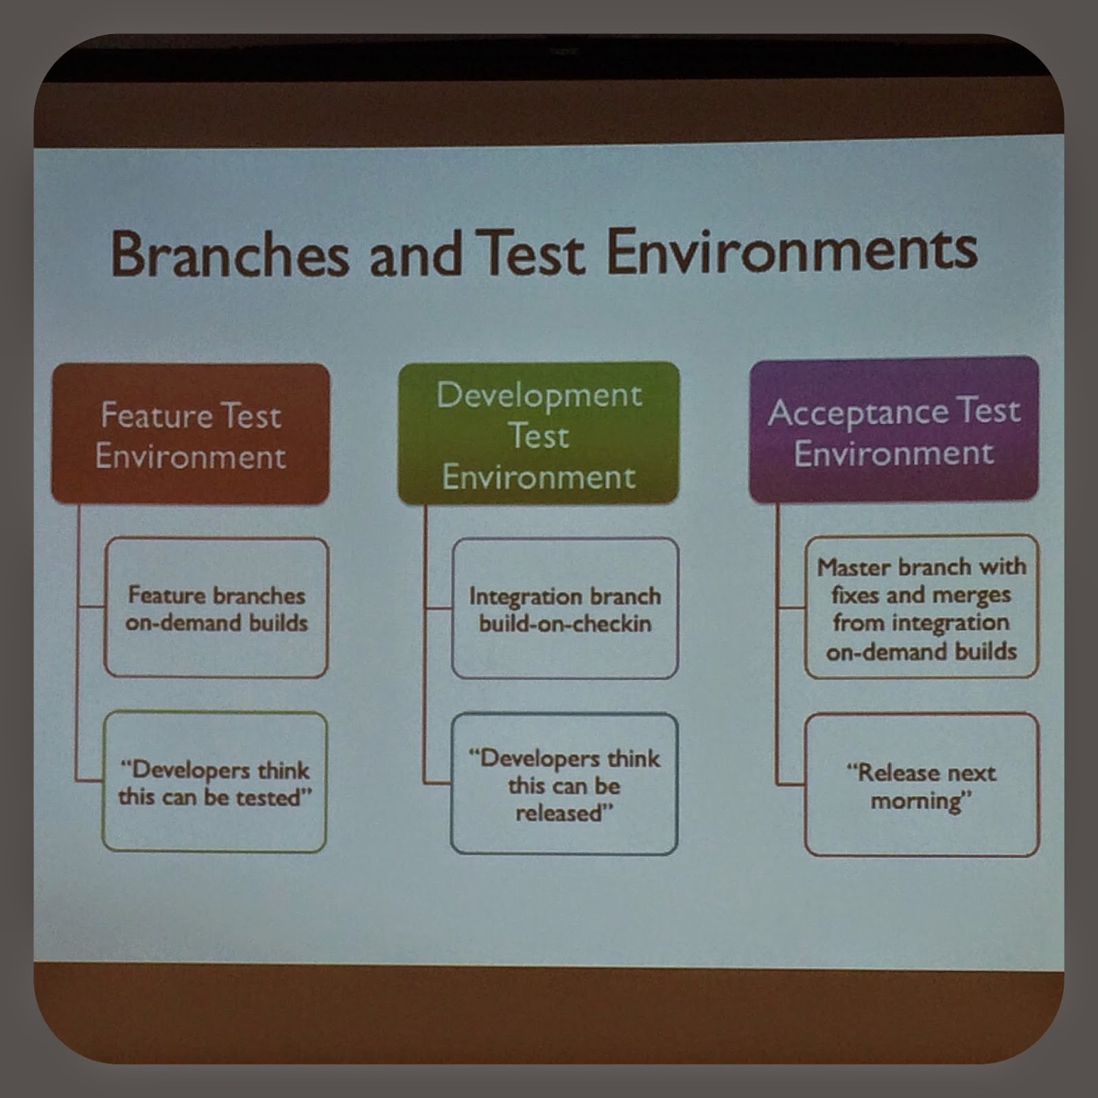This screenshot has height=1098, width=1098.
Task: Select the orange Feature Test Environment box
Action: tap(191, 434)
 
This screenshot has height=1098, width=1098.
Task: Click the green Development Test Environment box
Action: tap(539, 434)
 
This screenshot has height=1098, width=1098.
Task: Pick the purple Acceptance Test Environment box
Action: tap(893, 431)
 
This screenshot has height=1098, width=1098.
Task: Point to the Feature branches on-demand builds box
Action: tap(216, 608)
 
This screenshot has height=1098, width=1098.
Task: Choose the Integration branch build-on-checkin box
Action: tap(565, 609)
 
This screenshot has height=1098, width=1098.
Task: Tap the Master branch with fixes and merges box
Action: tap(921, 607)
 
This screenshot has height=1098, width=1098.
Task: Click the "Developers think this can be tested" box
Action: tap(214, 782)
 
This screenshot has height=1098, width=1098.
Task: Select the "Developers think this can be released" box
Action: tap(564, 784)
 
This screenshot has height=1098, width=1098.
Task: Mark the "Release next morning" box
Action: tap(921, 785)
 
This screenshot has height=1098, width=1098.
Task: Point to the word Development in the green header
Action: tap(539, 396)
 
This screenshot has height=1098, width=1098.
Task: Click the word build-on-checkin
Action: tap(565, 624)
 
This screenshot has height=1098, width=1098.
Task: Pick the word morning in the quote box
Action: tap(920, 800)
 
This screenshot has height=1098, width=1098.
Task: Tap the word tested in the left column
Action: tap(272, 797)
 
